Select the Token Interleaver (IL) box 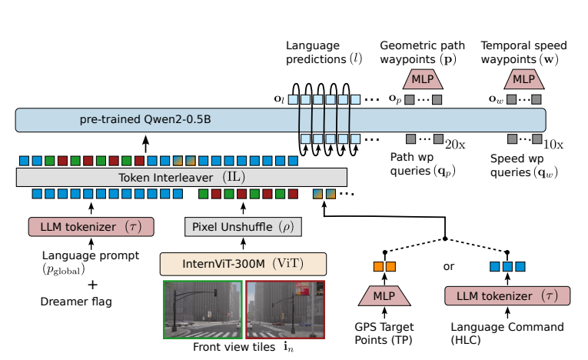click(181, 177)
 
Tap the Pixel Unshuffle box click(244, 227)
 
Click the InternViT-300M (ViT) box click(243, 262)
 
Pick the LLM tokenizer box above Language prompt click(91, 227)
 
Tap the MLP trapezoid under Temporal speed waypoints click(523, 78)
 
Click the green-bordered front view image click(202, 309)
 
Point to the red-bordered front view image click(285, 309)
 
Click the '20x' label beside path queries click(457, 143)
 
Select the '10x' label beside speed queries click(553, 143)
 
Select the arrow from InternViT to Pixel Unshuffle click(244, 243)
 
